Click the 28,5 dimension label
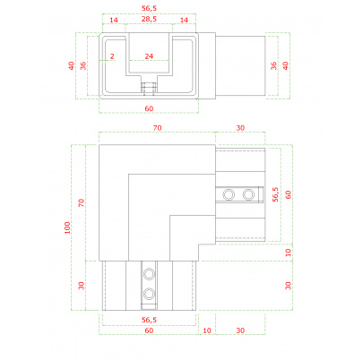pos(149,19)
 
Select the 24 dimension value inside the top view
pos(149,56)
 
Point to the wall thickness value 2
pos(112,56)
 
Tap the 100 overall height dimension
pos(67,227)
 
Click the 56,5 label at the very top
pos(149,8)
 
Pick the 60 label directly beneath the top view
pos(149,108)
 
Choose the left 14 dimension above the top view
pos(114,20)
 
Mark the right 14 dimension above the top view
pos(184,20)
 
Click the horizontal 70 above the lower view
pos(158,128)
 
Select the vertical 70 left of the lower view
pos(82,203)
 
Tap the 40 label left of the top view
pos(72,65)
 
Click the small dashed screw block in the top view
pos(149,88)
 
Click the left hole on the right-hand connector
pos(229,194)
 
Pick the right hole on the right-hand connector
pos(248,194)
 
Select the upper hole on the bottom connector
pos(149,274)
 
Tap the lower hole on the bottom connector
pos(149,294)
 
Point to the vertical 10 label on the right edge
pos(288,253)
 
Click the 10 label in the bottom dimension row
pos(207,330)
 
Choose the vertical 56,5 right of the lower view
pos(275,194)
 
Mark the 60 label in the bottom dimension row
pos(149,330)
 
